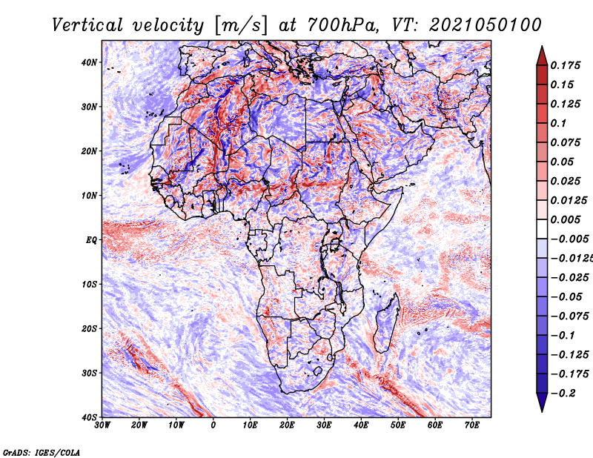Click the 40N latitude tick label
[x=89, y=62]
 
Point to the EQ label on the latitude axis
[x=91, y=240]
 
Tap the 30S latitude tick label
[x=89, y=374]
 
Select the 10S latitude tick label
[x=89, y=285]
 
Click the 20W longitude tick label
[x=139, y=425]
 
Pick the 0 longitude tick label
[x=213, y=425]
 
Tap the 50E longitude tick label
[x=398, y=425]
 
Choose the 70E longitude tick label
[x=472, y=425]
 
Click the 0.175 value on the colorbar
[x=566, y=66]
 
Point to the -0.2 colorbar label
[x=563, y=394]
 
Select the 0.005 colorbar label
[x=566, y=219]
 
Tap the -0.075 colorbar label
[x=570, y=316]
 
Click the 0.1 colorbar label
[x=559, y=123]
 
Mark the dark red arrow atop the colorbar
[x=542, y=56]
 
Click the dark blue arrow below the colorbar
[x=542, y=402]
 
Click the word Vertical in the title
[x=87, y=25]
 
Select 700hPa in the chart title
[x=342, y=25]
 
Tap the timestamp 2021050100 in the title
[x=486, y=25]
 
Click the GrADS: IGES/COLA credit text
[x=42, y=453]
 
